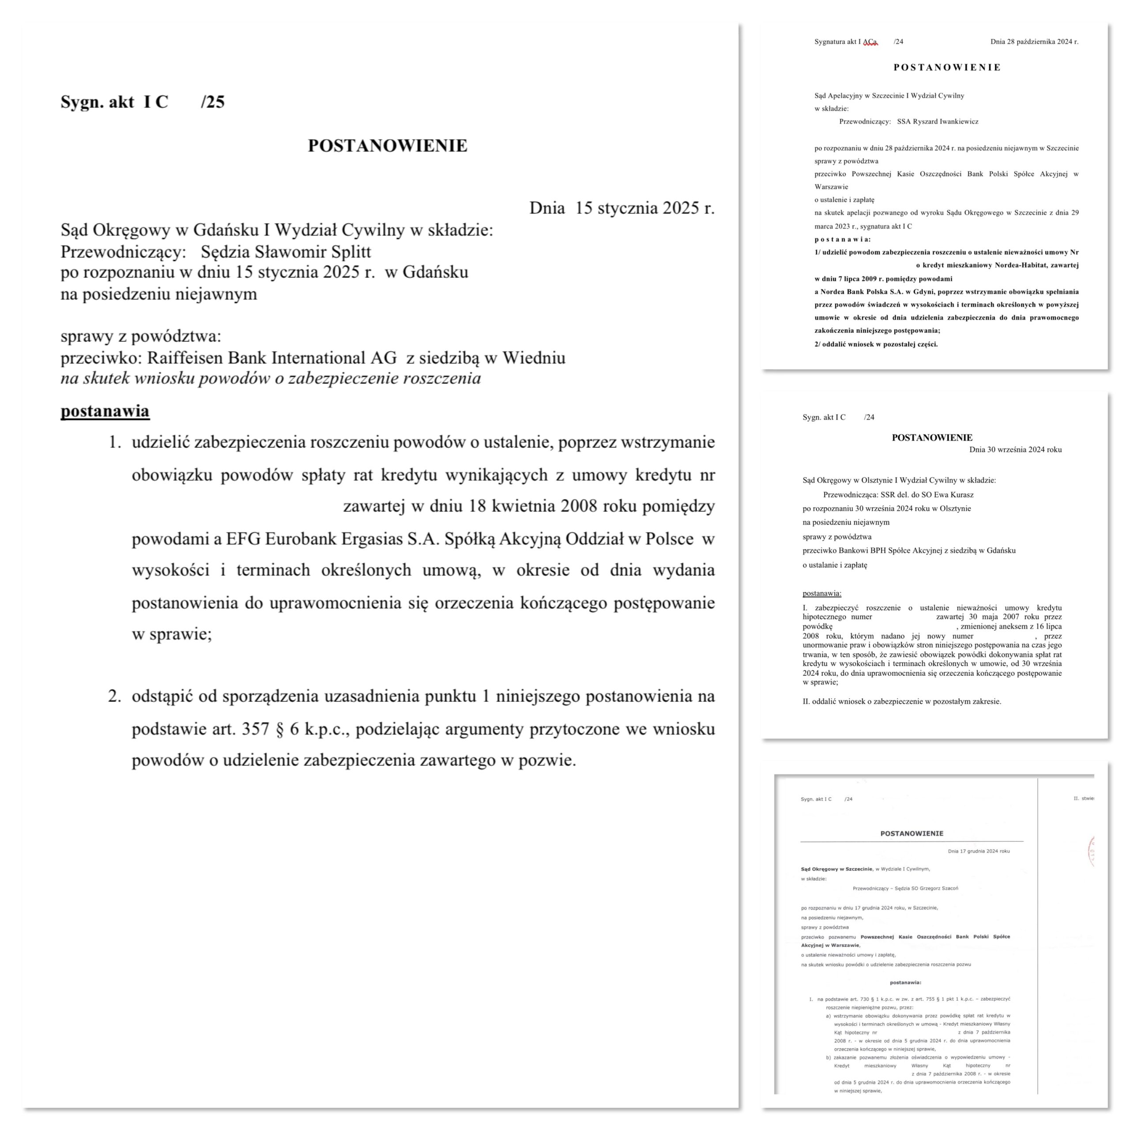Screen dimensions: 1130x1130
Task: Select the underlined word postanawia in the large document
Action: (105, 411)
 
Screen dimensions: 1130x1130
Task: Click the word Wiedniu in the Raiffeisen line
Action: (535, 358)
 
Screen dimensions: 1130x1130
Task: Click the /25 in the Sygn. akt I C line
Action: (212, 102)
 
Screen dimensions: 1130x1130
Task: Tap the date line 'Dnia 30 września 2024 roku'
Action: (1015, 450)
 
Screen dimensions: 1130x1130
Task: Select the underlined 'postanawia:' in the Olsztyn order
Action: (822, 593)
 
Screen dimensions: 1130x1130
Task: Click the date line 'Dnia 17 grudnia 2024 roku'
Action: (979, 851)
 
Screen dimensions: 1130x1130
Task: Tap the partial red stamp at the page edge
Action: (1090, 851)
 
